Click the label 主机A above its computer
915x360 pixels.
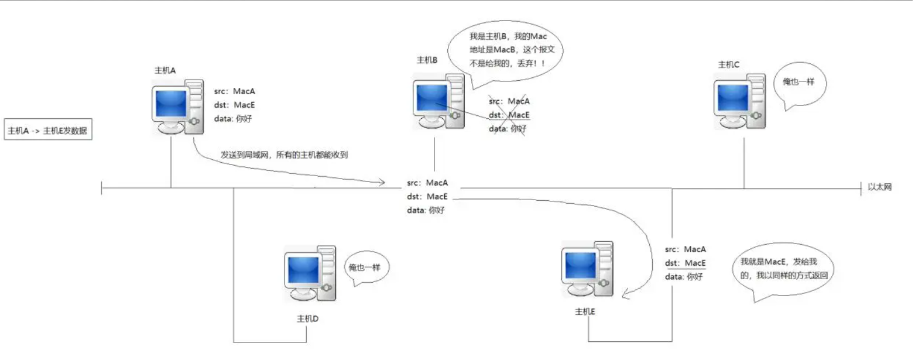tap(165, 70)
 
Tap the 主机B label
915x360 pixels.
tap(427, 60)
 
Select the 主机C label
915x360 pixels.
tap(728, 64)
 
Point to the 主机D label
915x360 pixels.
tap(307, 319)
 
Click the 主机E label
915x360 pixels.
tap(585, 312)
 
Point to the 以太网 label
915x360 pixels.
tap(879, 187)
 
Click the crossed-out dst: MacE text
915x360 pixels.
tap(509, 115)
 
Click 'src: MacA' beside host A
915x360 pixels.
tap(235, 91)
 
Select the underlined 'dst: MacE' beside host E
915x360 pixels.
tap(686, 263)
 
